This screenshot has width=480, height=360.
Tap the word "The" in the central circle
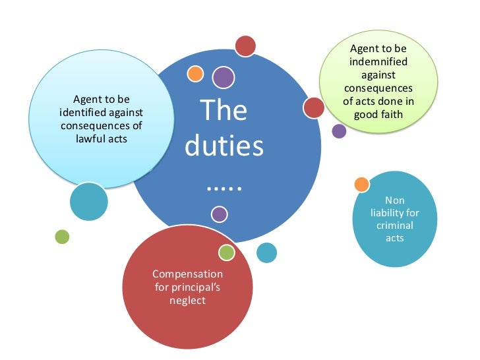(224, 110)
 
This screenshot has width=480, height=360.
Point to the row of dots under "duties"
(224, 187)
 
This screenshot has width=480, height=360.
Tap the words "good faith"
(378, 113)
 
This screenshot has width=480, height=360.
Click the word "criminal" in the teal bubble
(394, 225)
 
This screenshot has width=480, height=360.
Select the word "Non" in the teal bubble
(394, 200)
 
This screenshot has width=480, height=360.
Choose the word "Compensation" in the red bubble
(187, 274)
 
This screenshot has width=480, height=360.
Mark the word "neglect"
(187, 300)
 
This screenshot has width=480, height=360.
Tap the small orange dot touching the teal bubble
(361, 185)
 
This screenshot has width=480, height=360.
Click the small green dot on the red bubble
(226, 252)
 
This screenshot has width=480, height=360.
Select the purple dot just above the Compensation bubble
(220, 214)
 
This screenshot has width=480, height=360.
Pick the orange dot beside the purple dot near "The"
(195, 73)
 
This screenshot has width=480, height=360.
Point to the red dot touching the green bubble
(314, 107)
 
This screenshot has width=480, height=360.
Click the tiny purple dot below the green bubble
(339, 131)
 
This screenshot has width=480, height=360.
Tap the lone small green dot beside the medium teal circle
(62, 236)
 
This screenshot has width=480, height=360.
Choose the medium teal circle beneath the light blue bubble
(88, 201)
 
